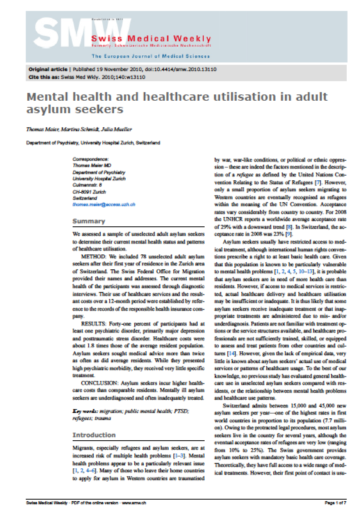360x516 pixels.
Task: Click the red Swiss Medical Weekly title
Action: (151, 39)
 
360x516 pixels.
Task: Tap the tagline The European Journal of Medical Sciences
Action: (151, 56)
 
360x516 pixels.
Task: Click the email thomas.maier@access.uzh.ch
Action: (104, 205)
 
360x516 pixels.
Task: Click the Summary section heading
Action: (89, 221)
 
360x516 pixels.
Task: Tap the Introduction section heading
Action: (94, 435)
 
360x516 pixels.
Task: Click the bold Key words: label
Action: (86, 411)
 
